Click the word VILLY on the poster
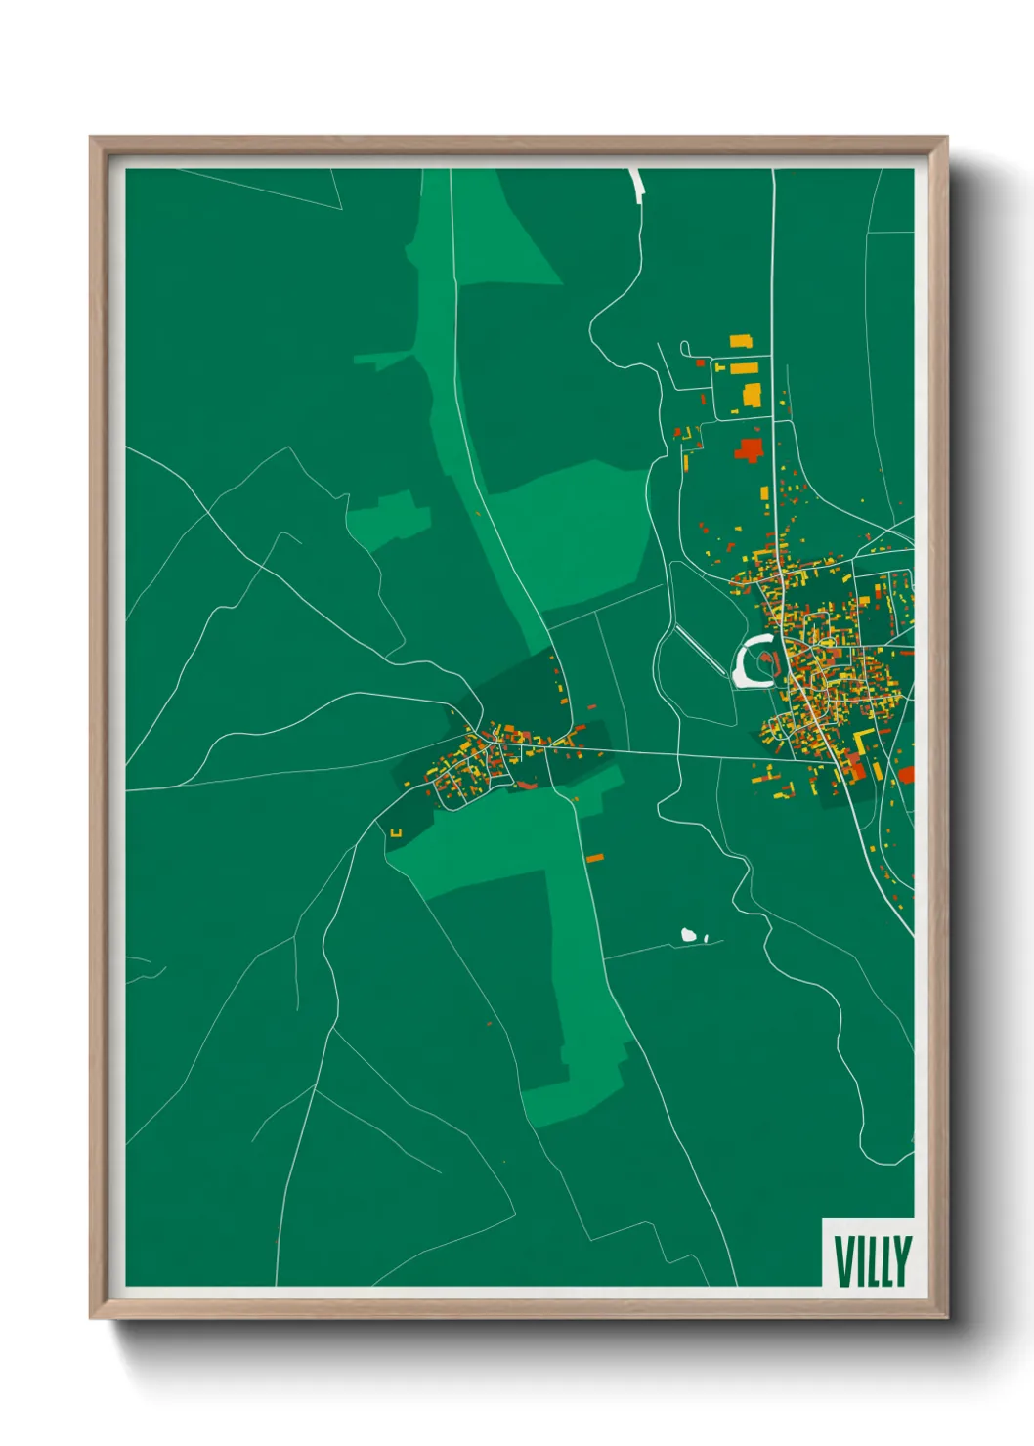[x=872, y=1261]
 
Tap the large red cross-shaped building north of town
[x=750, y=450]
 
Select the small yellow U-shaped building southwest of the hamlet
[x=396, y=832]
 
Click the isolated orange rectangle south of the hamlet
[x=594, y=858]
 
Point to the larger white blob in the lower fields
[x=689, y=935]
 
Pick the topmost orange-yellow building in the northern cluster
[x=741, y=341]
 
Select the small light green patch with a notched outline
[x=388, y=519]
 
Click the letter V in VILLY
[x=841, y=1261]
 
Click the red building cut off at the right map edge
[x=906, y=775]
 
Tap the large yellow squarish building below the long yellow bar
[x=752, y=395]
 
